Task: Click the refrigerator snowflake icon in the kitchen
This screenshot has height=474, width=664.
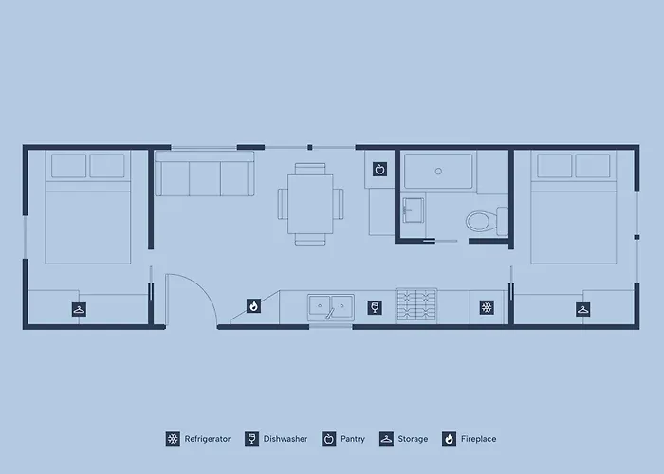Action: coord(487,307)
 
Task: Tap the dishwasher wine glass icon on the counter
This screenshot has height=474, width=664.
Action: coord(375,307)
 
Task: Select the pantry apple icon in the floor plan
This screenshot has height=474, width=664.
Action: coord(379,170)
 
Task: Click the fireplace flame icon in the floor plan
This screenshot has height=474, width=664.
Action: coord(253,305)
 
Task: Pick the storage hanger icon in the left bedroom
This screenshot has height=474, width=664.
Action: coord(79,309)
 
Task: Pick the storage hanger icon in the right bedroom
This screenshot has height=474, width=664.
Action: coord(582,309)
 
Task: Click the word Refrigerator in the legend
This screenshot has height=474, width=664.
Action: coord(208,439)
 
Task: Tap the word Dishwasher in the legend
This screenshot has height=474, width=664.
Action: coord(286,439)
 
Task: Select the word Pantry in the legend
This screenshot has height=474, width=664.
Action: coord(353,439)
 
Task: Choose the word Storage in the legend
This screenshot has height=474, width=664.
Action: coord(413,439)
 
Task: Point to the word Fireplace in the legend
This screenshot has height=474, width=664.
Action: coord(478,439)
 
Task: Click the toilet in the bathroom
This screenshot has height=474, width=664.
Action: coord(487,221)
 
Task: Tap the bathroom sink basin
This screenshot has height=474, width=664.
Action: coord(413,210)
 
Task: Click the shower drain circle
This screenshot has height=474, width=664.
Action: coord(438,171)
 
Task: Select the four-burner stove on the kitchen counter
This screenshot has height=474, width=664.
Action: coord(416,304)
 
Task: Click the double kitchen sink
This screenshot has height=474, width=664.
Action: coord(331,306)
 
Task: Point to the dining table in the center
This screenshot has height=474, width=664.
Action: coord(310,204)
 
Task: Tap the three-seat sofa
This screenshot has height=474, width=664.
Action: coord(205,173)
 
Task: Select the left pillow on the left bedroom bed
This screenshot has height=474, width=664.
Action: coord(68,166)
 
